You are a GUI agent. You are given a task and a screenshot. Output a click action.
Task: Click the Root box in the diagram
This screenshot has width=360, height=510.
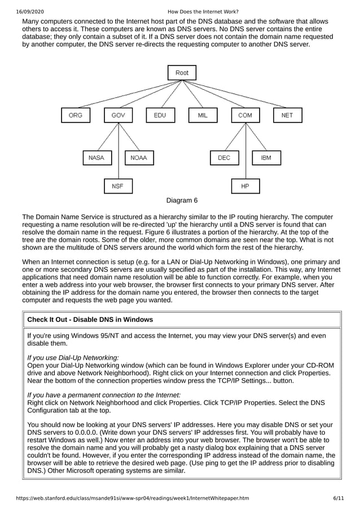click(182, 73)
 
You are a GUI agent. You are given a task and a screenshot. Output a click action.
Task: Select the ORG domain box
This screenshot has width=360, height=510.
click(76, 115)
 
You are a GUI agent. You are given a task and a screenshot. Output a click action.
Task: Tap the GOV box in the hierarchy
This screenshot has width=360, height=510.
click(118, 115)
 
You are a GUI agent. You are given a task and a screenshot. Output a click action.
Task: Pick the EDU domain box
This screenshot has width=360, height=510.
click(160, 115)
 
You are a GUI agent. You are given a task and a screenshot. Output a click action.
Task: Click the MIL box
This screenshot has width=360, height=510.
click(203, 115)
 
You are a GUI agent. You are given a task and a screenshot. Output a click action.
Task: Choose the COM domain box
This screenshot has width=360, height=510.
click(245, 115)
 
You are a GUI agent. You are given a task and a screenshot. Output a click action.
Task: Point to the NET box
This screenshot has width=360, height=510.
click(287, 115)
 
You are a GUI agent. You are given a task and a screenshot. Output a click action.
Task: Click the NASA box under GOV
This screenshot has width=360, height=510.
click(96, 158)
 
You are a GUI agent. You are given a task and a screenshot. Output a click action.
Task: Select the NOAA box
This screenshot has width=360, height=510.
click(139, 158)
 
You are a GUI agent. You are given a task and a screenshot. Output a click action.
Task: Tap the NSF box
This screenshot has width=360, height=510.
click(117, 186)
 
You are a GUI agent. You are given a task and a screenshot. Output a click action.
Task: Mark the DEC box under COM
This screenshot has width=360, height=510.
click(224, 158)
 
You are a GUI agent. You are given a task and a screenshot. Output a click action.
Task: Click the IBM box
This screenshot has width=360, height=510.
click(266, 158)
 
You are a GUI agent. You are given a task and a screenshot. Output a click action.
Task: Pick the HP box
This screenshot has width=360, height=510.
click(245, 186)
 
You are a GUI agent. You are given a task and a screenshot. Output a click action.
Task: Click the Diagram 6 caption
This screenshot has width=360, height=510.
click(182, 200)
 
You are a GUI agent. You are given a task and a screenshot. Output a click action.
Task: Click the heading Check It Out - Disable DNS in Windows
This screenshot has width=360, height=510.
click(90, 320)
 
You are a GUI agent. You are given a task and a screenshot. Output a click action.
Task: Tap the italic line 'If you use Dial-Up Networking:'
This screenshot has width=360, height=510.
click(73, 358)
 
